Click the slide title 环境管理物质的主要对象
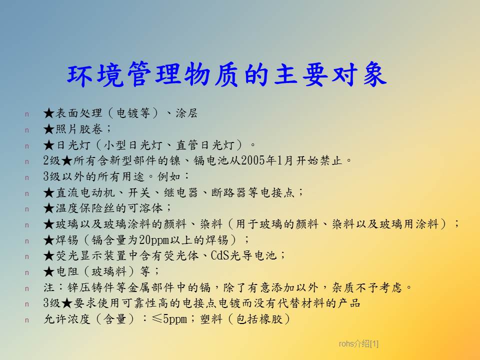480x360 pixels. [x=227, y=74]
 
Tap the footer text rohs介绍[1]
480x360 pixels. [x=358, y=344]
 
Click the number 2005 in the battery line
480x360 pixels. [x=253, y=160]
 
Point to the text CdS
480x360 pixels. [x=220, y=255]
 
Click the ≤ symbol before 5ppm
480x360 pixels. [x=157, y=318]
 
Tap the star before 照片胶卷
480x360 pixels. [x=49, y=129]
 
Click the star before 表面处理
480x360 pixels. [x=49, y=113]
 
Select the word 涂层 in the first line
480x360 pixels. [x=186, y=113]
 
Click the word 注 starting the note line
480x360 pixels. [x=49, y=287]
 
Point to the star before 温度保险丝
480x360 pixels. [x=49, y=208]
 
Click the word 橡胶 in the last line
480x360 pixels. [x=271, y=319]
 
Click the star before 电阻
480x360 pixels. [x=49, y=271]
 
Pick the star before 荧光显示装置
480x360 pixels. [x=49, y=255]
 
